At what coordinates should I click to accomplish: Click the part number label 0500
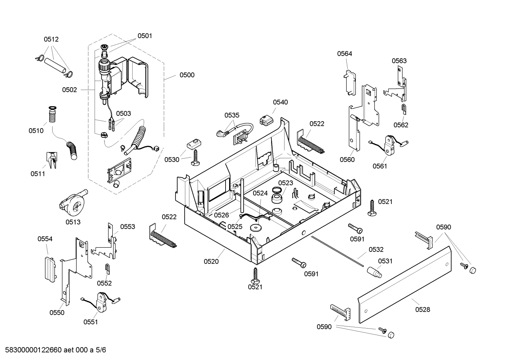(x=187, y=75)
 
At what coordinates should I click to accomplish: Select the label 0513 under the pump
(x=73, y=222)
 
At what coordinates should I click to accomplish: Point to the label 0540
(x=280, y=102)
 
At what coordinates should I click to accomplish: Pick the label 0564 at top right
(x=345, y=54)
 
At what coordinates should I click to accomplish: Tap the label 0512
(x=51, y=40)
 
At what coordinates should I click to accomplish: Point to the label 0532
(x=376, y=249)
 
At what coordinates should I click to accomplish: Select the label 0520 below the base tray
(x=211, y=261)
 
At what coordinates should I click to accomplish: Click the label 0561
(x=380, y=166)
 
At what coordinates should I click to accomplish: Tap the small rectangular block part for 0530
(x=193, y=143)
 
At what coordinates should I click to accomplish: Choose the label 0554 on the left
(x=45, y=239)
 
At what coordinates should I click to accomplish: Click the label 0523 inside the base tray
(x=286, y=183)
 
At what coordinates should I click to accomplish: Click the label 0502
(x=70, y=90)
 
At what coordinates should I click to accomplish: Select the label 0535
(x=232, y=115)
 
